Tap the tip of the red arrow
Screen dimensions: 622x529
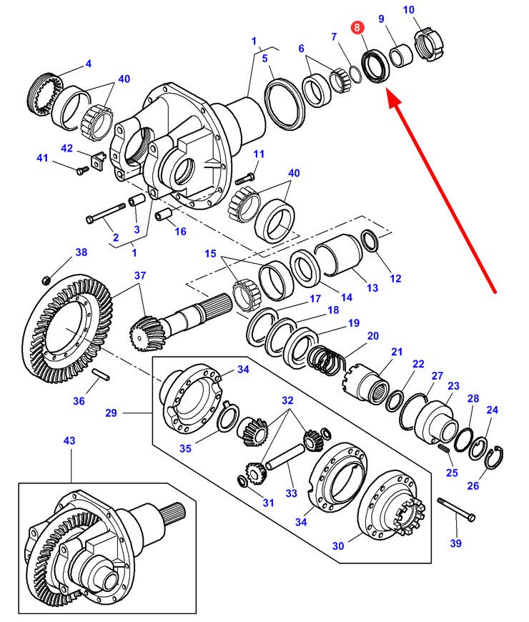[x=388, y=91]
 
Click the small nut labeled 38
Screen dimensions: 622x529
[x=46, y=277]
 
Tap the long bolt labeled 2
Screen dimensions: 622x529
[x=106, y=215]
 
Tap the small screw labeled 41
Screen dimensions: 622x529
[x=81, y=169]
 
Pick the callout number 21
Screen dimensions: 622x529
[x=397, y=352]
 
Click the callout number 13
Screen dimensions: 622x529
[x=372, y=287]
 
